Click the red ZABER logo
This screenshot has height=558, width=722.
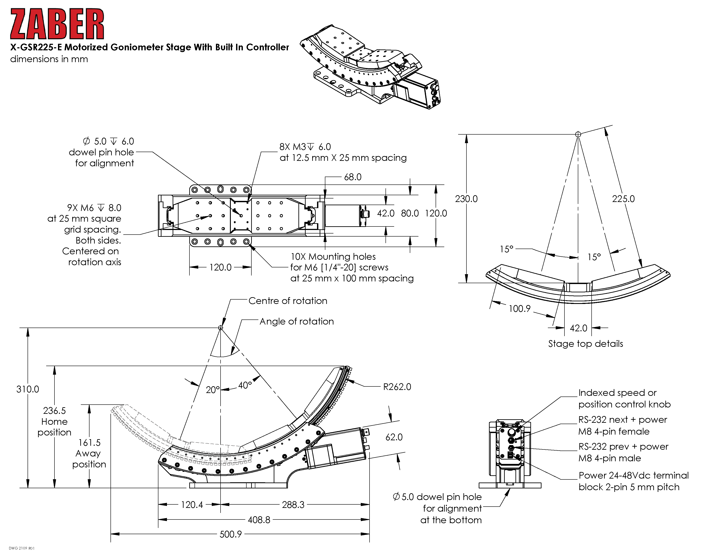tap(57, 24)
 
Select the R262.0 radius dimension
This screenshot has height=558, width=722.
tap(397, 387)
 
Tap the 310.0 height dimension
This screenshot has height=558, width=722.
tap(28, 390)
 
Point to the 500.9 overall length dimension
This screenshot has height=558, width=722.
tap(231, 534)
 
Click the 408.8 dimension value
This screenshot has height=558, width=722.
tap(259, 520)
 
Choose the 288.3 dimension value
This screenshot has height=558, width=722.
tap(293, 505)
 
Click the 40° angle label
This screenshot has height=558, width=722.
tap(245, 385)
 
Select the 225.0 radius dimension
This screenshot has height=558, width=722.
tap(624, 199)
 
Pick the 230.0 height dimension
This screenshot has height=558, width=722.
tap(466, 199)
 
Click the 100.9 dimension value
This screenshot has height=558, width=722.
tap(519, 309)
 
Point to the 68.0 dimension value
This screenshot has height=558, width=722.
tap(353, 177)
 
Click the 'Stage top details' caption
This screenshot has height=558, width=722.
tap(585, 344)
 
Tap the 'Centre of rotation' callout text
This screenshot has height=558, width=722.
tap(288, 301)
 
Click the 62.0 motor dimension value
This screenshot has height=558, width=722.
tap(394, 437)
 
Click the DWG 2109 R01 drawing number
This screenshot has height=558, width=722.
tap(21, 548)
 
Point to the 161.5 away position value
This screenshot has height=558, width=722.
tap(89, 443)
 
